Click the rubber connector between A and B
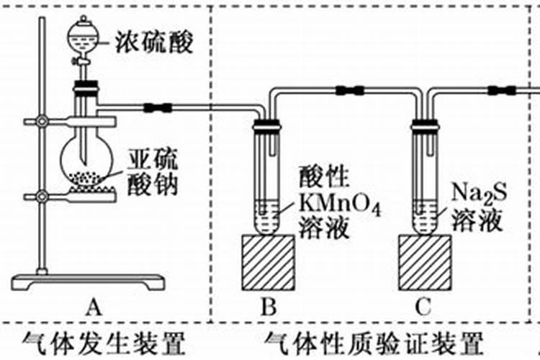[157, 108]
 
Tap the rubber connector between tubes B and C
[349, 91]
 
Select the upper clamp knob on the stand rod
[43, 121]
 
